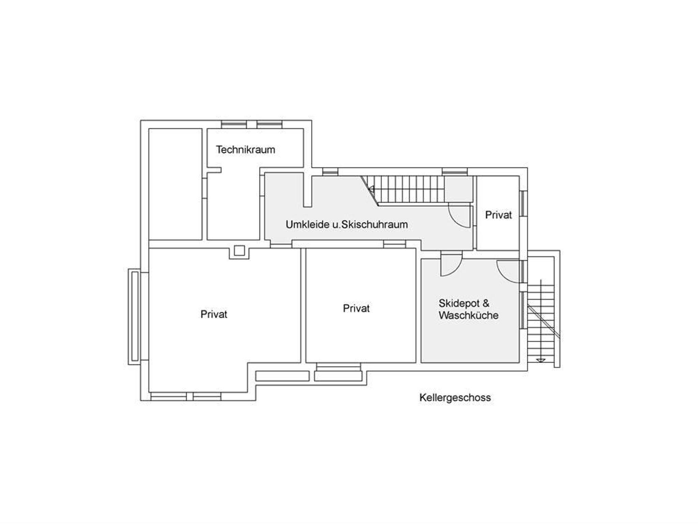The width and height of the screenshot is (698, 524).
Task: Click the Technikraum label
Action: point(245,150)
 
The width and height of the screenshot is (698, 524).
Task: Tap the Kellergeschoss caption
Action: point(455,398)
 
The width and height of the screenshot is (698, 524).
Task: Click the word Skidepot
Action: point(459,303)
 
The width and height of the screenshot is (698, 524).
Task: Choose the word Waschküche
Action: point(468,315)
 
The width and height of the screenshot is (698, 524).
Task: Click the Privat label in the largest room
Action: point(214,314)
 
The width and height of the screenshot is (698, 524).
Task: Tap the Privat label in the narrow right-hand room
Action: point(498,215)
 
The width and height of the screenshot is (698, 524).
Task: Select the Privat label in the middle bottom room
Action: point(356,308)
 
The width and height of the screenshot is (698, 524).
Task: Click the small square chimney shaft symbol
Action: point(239,251)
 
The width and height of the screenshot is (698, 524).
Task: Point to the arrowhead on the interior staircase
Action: point(371,189)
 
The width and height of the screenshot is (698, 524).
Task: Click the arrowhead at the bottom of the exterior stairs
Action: point(541,360)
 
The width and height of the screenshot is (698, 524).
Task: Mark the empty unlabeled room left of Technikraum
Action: point(175,184)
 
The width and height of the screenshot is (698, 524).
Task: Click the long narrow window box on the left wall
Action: point(134,317)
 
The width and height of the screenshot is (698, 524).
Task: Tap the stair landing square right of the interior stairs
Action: point(458,189)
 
